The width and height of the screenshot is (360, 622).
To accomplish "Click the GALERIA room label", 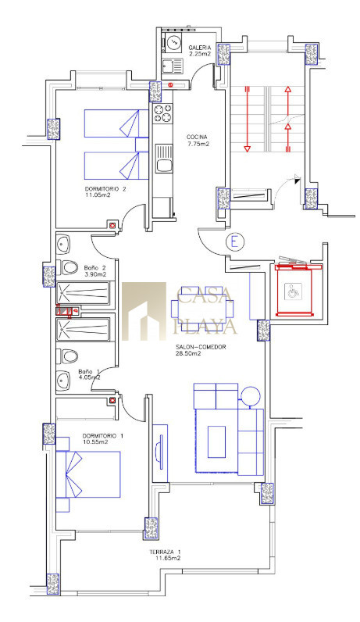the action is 197,48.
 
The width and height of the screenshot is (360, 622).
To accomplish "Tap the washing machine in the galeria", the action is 173,42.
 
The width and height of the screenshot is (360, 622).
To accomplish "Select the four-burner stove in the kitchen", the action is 163,113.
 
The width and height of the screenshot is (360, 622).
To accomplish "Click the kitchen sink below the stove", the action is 164,159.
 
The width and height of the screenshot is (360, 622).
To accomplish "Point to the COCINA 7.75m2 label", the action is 198,141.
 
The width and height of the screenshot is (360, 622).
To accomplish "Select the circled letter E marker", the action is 234,241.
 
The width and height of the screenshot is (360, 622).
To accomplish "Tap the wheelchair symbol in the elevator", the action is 293,293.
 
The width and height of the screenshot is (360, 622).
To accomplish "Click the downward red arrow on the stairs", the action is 247,119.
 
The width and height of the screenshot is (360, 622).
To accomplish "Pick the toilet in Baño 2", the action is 68,267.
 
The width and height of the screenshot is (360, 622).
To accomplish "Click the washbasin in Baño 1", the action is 63,380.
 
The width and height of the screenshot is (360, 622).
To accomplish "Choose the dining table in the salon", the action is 202,309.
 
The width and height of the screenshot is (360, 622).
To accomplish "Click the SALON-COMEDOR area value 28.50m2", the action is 188,354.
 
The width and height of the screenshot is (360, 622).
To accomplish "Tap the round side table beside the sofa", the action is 250,396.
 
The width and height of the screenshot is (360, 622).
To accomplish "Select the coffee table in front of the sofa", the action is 216,442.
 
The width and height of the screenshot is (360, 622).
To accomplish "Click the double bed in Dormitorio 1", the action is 88,474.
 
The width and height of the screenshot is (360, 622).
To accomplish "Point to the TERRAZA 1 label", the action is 166,552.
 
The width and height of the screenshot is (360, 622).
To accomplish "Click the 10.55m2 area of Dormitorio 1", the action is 95,441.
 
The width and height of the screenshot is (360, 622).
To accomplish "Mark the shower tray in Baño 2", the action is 83,293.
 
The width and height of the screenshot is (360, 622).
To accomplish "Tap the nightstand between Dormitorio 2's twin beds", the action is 141,145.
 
